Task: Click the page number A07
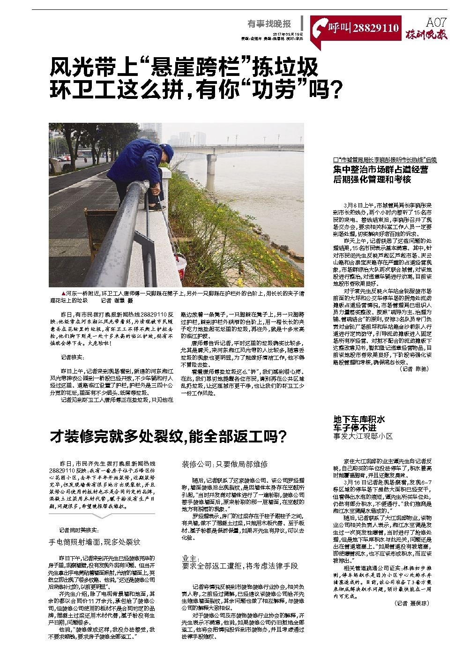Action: [436, 22]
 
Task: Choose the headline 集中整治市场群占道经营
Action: [380, 170]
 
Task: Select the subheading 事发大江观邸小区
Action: [363, 436]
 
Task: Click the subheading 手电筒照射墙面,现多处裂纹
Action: [95, 541]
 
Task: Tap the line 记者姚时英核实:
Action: [80, 530]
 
